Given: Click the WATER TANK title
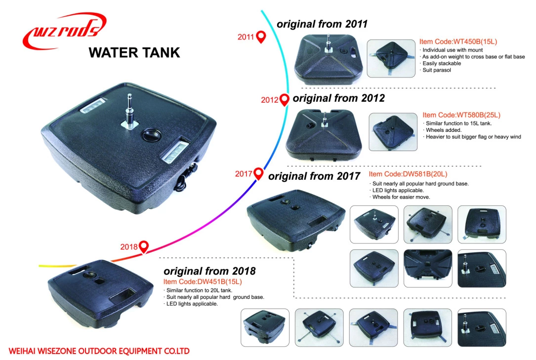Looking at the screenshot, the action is (134, 53).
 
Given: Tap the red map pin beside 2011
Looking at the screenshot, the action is (261, 37).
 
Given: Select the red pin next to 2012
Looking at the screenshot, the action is (284, 99).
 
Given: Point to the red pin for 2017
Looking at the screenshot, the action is (259, 173).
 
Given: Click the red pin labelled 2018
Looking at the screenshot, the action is (144, 246).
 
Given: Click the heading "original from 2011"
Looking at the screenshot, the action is (322, 24).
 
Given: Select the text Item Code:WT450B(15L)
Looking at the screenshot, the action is (458, 41).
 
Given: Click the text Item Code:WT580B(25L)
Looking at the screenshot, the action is (461, 115).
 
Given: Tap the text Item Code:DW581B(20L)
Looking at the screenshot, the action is (408, 174).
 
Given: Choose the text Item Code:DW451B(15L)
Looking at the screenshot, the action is (203, 282).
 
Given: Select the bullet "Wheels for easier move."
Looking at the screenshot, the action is (400, 197).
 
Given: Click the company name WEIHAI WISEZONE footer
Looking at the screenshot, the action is (99, 351).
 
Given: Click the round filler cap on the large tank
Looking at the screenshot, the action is (151, 135).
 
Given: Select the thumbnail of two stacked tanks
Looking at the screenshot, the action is (265, 327).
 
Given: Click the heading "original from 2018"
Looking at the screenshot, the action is (209, 271).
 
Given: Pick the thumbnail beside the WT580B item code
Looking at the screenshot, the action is (393, 132).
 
